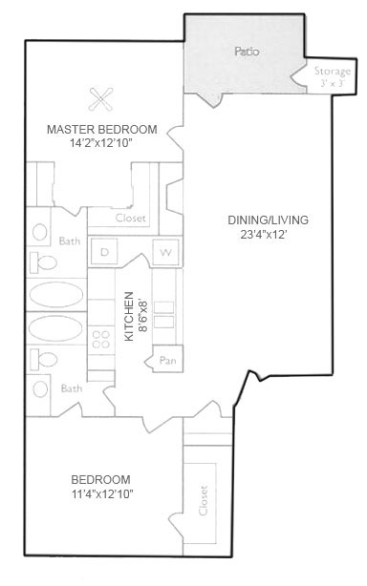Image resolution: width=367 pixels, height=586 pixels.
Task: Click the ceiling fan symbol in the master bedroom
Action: pyautogui.click(x=100, y=99)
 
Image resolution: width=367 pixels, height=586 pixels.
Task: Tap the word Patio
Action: pyautogui.click(x=247, y=52)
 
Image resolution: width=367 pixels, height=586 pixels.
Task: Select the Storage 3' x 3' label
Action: pyautogui.click(x=333, y=76)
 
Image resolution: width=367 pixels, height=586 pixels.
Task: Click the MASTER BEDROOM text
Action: pyautogui.click(x=101, y=129)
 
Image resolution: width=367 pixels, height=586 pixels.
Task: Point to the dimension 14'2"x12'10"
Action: pyautogui.click(x=101, y=143)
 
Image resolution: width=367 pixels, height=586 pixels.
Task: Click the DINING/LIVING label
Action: pyautogui.click(x=268, y=220)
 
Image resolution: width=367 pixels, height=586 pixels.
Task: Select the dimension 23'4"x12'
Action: pyautogui.click(x=264, y=235)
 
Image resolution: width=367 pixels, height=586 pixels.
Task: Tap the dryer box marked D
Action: pyautogui.click(x=104, y=252)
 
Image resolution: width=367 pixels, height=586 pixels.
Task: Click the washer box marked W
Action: pyautogui.click(x=165, y=253)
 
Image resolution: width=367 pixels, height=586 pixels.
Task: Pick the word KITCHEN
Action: pyautogui.click(x=129, y=316)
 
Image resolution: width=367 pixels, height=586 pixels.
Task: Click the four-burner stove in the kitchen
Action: pyautogui.click(x=101, y=340)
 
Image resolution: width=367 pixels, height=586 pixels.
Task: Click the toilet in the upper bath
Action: pyautogui.click(x=43, y=262)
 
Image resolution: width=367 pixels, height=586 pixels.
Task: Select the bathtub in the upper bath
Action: pyautogui.click(x=56, y=295)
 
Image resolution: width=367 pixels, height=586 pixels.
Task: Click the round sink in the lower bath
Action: pyautogui.click(x=40, y=389)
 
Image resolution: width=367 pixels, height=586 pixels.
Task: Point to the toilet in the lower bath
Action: pyautogui.click(x=44, y=360)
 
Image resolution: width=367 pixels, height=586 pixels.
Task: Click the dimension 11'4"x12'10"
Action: pyautogui.click(x=102, y=494)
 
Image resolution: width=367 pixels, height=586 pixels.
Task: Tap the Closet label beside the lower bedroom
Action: pyautogui.click(x=204, y=500)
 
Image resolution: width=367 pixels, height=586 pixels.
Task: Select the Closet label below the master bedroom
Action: pyautogui.click(x=130, y=218)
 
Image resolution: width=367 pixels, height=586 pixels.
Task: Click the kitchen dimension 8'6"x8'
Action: pyautogui.click(x=143, y=316)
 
